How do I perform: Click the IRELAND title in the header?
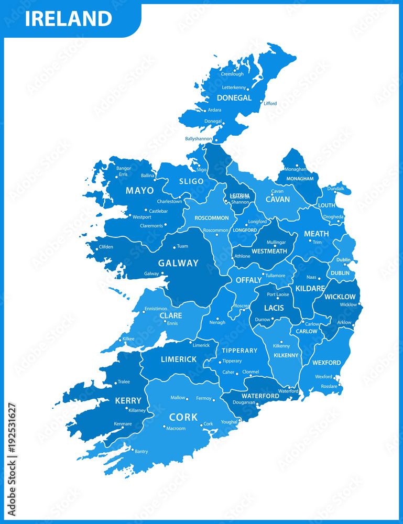click(x=69, y=19)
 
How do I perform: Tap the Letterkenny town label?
click(x=234, y=88)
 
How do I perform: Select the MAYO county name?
click(x=140, y=191)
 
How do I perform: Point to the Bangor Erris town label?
click(x=123, y=171)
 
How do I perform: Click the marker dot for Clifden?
click(x=97, y=249)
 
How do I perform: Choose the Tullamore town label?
click(x=275, y=275)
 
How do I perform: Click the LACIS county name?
click(x=274, y=308)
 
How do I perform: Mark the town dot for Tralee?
click(x=116, y=383)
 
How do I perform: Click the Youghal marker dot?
click(x=239, y=420)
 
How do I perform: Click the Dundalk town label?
click(x=336, y=189)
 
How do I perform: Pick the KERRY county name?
click(x=128, y=401)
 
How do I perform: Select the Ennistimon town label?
click(x=156, y=309)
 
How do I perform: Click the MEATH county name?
click(x=317, y=234)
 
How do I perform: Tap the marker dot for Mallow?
click(x=188, y=398)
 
